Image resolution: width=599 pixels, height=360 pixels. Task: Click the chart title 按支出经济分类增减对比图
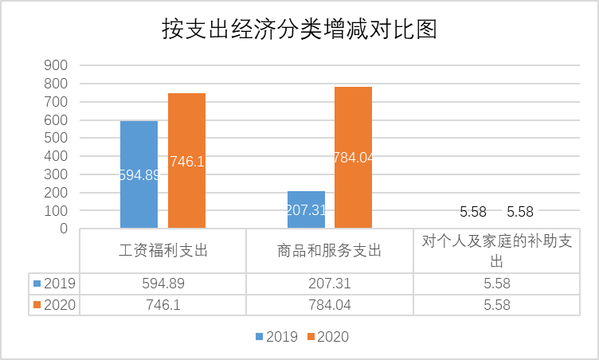pos(299,29)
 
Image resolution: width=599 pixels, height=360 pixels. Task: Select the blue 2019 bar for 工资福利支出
pos(139,175)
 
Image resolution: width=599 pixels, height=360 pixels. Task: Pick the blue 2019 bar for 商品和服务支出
pos(306,210)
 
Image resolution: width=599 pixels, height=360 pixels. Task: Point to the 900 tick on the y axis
pos(57,65)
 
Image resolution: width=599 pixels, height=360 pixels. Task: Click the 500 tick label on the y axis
pos(57,138)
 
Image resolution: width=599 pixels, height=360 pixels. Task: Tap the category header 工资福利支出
pos(162,252)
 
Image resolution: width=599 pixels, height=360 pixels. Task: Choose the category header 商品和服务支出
pos(329,252)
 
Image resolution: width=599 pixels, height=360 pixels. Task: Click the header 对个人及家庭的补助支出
pos(496,252)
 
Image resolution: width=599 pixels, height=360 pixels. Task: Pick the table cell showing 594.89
pos(162,284)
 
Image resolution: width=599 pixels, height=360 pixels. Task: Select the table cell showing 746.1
pos(162,305)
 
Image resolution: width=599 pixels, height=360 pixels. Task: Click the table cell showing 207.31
pos(329,284)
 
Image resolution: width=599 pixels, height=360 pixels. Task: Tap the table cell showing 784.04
pos(329,305)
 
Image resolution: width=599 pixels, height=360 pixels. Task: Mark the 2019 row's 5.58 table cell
pos(496,284)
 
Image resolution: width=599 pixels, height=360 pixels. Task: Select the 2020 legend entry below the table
pos(328,337)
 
